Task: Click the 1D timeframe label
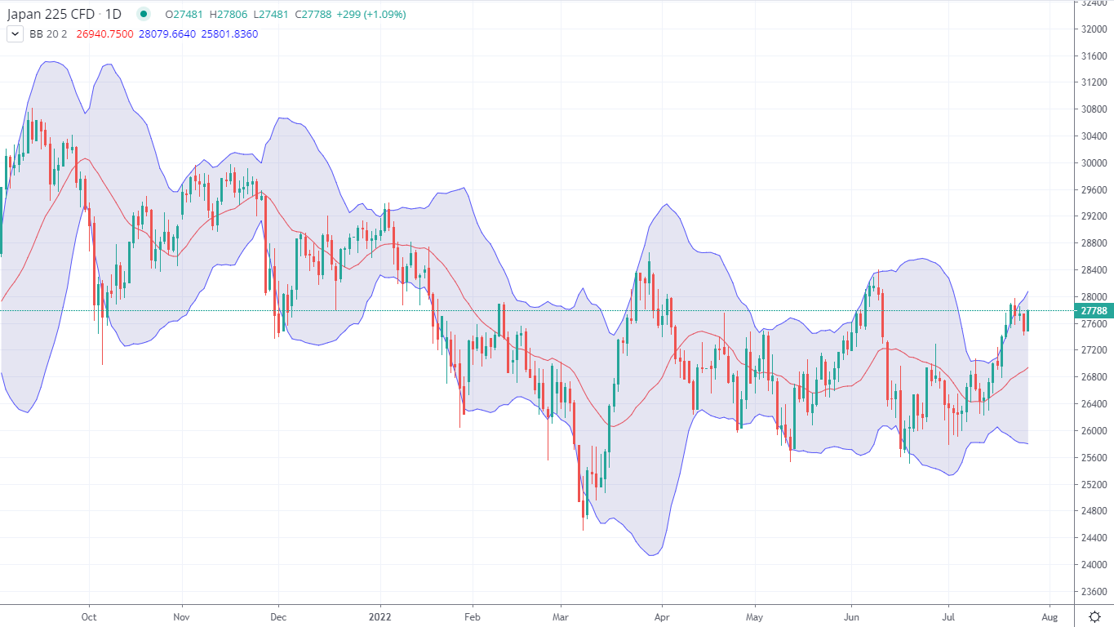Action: coord(114,14)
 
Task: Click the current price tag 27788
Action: coord(1093,311)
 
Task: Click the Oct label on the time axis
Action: coord(89,616)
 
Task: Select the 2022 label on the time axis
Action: coord(380,616)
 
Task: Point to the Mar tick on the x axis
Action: coord(560,616)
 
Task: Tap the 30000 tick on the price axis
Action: coord(1092,163)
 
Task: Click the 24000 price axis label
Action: coord(1092,565)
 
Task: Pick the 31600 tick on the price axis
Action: coord(1092,56)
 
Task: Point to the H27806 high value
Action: coord(224,15)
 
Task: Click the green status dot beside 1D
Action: coord(144,14)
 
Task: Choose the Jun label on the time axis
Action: coord(852,616)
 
